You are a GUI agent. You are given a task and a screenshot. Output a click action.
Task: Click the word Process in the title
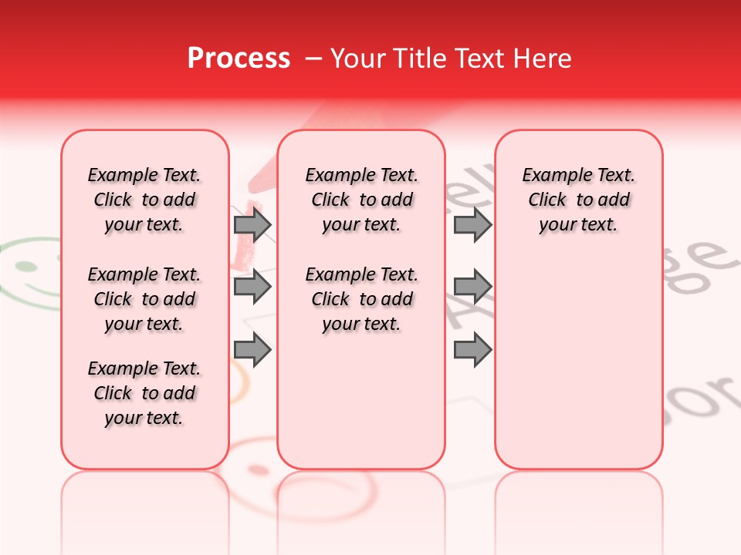point(239,59)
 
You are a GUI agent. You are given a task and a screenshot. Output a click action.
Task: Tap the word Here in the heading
point(542,59)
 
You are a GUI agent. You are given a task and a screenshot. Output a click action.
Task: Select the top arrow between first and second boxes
point(252,225)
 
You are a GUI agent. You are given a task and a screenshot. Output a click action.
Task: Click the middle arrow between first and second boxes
point(252,287)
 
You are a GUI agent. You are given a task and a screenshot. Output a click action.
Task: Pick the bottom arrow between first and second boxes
point(252,350)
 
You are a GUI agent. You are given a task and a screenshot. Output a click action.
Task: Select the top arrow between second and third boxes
point(472,225)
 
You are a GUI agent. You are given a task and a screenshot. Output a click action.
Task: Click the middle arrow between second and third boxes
point(472,287)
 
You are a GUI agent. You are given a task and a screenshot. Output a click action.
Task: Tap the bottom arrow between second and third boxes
point(472,350)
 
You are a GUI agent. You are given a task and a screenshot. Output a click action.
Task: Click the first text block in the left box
point(144,200)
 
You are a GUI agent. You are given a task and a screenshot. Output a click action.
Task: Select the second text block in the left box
point(144,299)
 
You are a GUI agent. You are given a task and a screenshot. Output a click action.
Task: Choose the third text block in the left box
point(144,393)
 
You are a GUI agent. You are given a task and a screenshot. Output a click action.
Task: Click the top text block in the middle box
point(361,200)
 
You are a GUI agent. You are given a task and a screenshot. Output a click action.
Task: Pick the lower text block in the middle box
point(361,299)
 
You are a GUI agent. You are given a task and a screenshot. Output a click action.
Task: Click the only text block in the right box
point(578,200)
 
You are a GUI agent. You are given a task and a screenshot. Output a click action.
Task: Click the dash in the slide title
point(313,59)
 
